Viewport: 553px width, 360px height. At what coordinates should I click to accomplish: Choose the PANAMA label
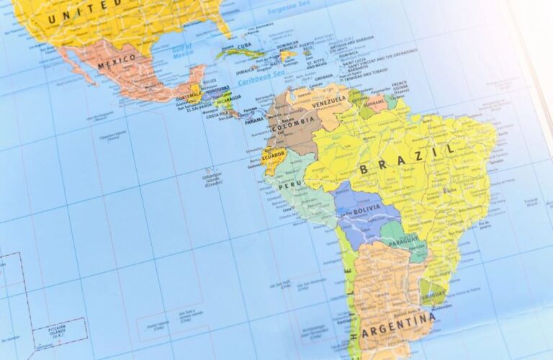coord(254,122)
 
